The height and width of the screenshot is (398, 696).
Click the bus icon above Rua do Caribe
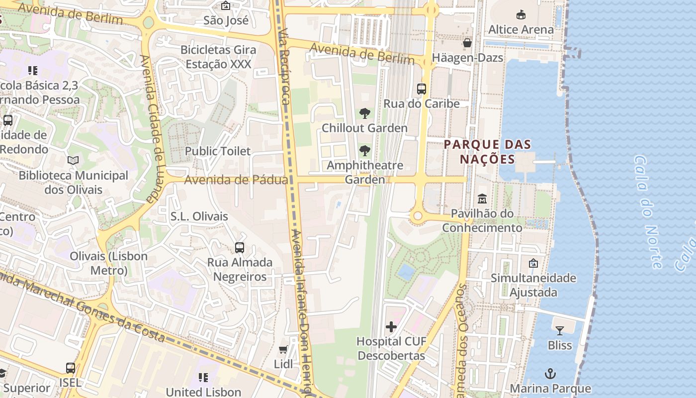coord(422,89)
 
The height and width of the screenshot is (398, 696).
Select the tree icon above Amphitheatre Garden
coord(365,150)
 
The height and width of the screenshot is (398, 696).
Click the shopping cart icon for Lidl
coord(283,350)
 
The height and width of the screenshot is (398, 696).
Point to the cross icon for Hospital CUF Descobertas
coord(391,327)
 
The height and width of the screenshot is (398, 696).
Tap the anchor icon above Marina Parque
coord(550,374)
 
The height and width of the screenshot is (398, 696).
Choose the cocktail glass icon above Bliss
coord(560,330)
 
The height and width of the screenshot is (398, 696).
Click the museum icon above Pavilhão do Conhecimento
coord(482,199)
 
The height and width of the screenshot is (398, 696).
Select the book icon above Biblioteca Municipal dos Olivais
coord(73,161)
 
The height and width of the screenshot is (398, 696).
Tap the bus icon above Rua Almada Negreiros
coord(240,247)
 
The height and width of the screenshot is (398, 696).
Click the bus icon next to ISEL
coord(71,368)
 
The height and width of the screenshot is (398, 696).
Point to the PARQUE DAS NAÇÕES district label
coord(487,152)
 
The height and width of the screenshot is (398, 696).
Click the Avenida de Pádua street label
coord(236,180)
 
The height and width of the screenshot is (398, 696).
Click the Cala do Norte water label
coord(648,211)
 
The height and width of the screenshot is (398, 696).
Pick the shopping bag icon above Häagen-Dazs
coord(467,43)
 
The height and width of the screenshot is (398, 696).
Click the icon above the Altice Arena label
coord(521,15)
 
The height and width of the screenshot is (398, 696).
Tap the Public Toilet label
coord(218,151)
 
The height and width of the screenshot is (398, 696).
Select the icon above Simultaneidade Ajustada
coord(533,263)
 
